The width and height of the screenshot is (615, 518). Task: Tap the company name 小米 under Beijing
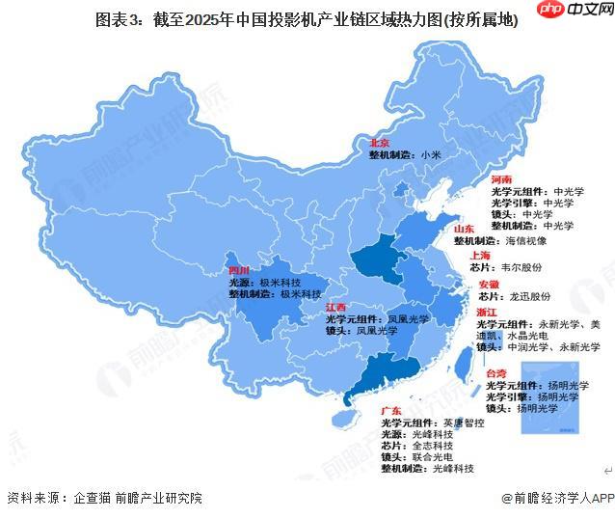tap(430, 154)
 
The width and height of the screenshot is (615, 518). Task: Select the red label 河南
tap(501, 180)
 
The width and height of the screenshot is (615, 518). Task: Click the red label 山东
tap(465, 228)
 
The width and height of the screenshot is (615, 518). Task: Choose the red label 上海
tap(481, 255)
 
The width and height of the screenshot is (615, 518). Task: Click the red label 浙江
tap(487, 313)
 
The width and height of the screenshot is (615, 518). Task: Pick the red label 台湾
tap(495, 372)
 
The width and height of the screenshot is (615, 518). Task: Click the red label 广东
tap(391, 411)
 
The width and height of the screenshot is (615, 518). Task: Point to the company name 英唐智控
tap(463, 423)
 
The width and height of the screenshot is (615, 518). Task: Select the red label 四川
tap(239, 270)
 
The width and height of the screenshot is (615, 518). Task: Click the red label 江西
tap(336, 307)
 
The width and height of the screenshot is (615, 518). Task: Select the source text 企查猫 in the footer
tap(91, 498)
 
